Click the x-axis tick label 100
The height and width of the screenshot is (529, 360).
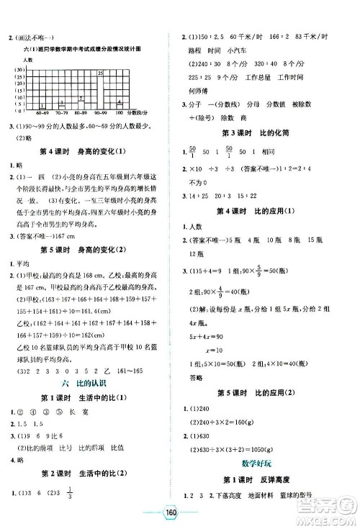tap(119, 113)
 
